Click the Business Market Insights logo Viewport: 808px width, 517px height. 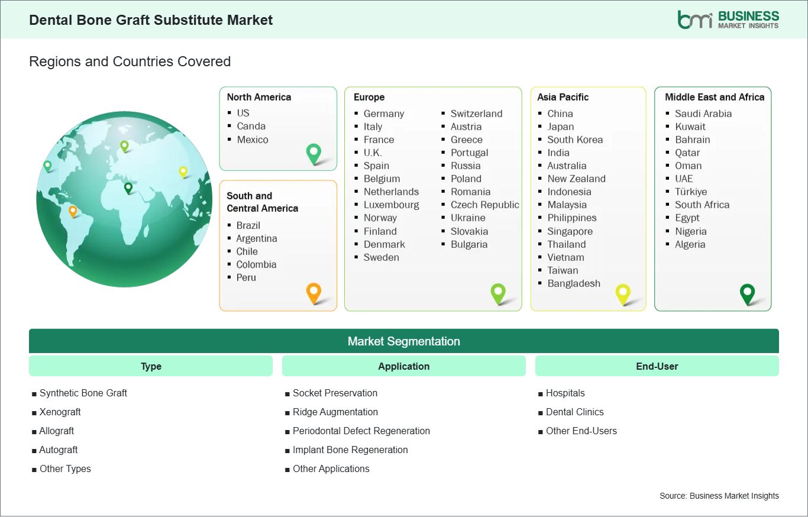tap(728, 20)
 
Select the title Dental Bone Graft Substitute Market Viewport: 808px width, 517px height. tap(151, 20)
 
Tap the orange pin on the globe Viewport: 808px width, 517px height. tap(73, 211)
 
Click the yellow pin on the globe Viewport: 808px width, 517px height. tap(183, 172)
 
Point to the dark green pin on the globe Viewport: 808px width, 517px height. tap(128, 188)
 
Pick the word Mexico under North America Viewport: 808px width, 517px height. tap(253, 140)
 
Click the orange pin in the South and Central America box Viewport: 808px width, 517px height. tap(313, 293)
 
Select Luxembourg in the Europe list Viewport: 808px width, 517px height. tap(392, 205)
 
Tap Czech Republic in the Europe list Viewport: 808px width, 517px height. tap(485, 205)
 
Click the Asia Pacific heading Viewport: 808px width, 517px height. tap(563, 97)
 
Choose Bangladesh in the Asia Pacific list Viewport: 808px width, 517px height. tap(574, 283)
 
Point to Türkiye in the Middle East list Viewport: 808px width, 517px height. tap(691, 192)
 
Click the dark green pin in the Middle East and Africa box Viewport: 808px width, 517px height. tap(747, 294)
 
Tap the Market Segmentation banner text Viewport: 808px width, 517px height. tap(403, 341)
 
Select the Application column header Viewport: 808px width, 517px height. tap(403, 366)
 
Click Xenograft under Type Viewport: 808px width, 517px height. tap(60, 412)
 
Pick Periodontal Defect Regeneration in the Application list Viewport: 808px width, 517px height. tap(361, 431)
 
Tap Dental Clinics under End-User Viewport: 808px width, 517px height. tap(574, 412)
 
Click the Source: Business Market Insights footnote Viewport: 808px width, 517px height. tap(719, 496)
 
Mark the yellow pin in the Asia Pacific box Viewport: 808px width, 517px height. tap(623, 294)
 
